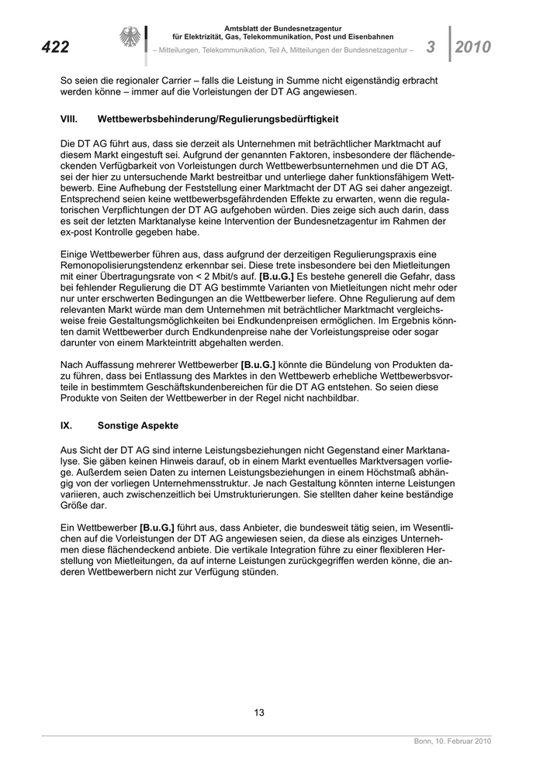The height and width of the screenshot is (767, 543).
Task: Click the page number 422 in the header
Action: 55,47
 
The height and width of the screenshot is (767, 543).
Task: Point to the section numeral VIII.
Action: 71,120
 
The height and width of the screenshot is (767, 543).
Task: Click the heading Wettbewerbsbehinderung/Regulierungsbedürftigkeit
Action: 218,120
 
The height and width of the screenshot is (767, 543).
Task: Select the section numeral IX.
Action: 67,425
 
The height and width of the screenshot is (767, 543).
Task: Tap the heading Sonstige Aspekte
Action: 138,425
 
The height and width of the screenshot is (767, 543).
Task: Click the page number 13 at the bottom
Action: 260,713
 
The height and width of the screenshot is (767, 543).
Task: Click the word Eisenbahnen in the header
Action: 367,37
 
